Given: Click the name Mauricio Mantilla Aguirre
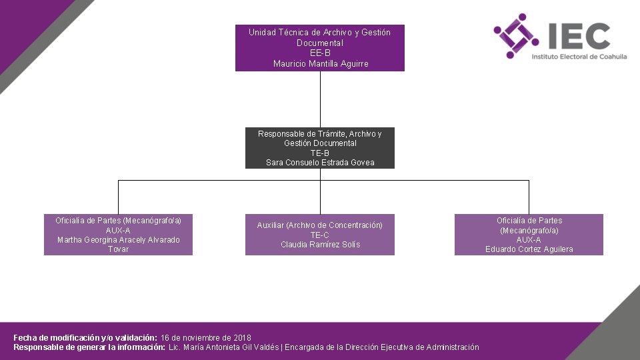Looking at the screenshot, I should (320, 64).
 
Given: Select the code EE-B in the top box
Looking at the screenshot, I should (320, 53).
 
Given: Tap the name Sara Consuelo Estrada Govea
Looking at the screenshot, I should (320, 163).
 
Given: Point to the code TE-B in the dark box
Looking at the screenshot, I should (320, 153).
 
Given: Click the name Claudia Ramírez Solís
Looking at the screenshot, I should (320, 245).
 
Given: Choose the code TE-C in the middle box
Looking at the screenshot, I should (320, 235).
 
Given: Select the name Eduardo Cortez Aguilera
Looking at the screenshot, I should (529, 249).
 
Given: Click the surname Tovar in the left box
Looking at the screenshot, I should (118, 249).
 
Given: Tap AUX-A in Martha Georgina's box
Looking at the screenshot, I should (118, 230).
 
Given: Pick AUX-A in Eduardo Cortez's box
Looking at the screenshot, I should (529, 240).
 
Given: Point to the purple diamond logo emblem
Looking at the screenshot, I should (516, 36).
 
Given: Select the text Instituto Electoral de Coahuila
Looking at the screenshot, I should (579, 57).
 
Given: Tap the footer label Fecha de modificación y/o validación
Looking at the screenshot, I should (85, 338).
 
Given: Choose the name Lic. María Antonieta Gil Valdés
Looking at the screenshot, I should (223, 347).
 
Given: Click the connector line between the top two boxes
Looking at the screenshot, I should (320, 99).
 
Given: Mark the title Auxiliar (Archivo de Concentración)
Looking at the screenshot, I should (320, 225).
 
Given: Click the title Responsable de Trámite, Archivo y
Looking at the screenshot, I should (320, 134).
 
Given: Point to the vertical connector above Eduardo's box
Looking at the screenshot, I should (529, 197).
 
